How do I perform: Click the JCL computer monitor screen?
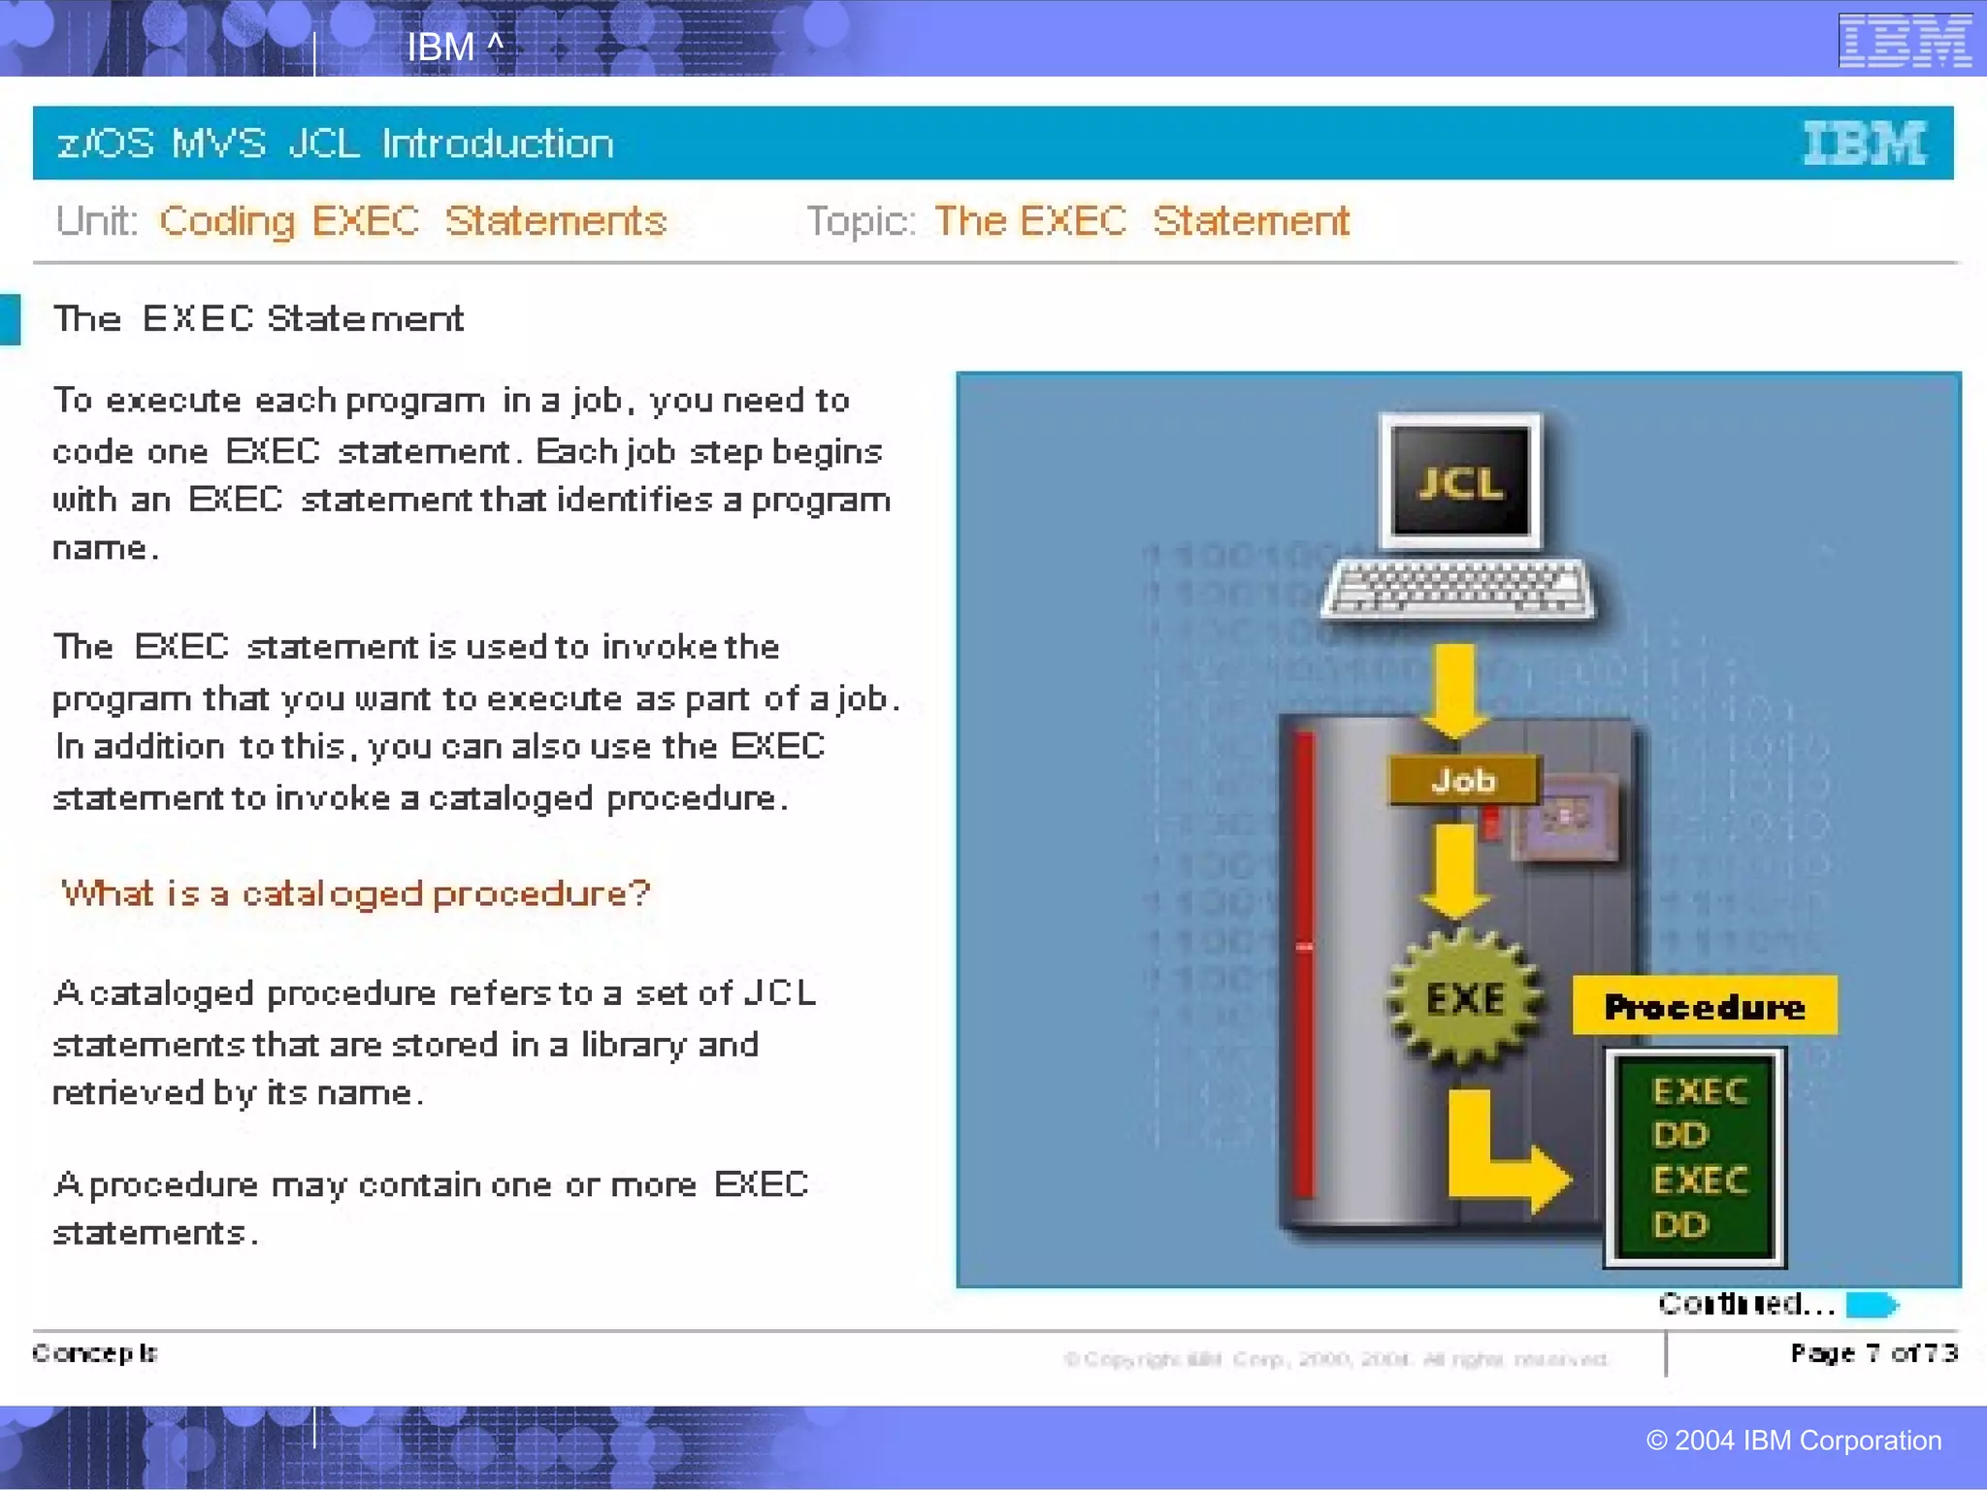[1460, 482]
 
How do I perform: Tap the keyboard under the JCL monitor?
[1458, 588]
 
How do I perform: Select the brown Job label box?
[1464, 780]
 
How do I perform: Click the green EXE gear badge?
[1464, 998]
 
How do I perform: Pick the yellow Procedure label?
[1704, 1006]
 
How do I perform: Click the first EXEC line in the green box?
[1700, 1091]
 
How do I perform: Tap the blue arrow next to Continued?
[1872, 1305]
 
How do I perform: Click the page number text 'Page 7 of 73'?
[1873, 1353]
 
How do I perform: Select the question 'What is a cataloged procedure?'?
[355, 893]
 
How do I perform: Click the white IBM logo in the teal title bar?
[1864, 144]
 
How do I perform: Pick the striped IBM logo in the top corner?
[1905, 41]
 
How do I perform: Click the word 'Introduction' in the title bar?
[498, 144]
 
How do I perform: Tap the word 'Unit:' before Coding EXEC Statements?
[97, 221]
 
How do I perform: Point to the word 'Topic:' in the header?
[861, 221]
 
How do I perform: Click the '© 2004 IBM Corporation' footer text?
[1793, 1441]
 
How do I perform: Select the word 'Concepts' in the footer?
[95, 1353]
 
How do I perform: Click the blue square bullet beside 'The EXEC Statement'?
[10, 319]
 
